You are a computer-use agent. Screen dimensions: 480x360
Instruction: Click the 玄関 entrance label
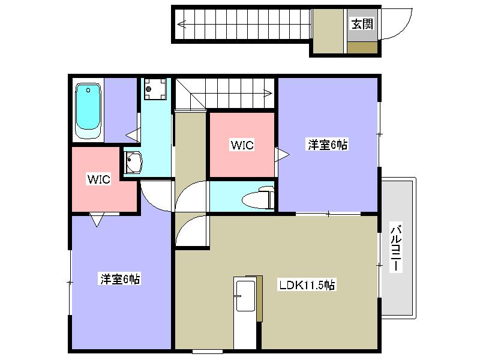pyautogui.click(x=362, y=24)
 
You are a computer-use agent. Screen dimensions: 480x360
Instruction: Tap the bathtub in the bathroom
pyautogui.click(x=88, y=110)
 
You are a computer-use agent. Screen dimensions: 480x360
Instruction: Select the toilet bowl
pyautogui.click(x=258, y=198)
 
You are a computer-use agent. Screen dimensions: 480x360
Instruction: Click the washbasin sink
pyautogui.click(x=133, y=162)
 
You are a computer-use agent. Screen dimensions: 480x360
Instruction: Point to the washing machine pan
pyautogui.click(x=155, y=89)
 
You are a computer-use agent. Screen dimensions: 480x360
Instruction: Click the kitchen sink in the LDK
pyautogui.click(x=245, y=295)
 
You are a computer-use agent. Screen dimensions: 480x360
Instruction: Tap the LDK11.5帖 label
pyautogui.click(x=307, y=285)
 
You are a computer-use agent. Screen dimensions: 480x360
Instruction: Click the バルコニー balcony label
pyautogui.click(x=396, y=248)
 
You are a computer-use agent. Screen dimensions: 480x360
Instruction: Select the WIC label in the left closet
pyautogui.click(x=98, y=179)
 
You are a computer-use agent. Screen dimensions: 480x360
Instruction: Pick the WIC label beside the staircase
pyautogui.click(x=242, y=145)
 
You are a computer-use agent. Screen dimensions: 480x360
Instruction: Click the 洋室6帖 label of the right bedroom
pyautogui.click(x=328, y=145)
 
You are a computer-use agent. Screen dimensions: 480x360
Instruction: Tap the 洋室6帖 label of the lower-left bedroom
pyautogui.click(x=120, y=279)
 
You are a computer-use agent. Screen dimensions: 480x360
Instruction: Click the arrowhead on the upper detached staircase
pyautogui.click(x=182, y=24)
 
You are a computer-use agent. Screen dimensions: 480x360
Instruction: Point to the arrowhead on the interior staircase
pyautogui.click(x=268, y=93)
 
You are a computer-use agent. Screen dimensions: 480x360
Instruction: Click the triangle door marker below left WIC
pyautogui.click(x=97, y=220)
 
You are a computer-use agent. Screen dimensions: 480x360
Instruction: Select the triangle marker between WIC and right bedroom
pyautogui.click(x=281, y=155)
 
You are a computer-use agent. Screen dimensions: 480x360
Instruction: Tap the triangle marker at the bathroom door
pyautogui.click(x=133, y=135)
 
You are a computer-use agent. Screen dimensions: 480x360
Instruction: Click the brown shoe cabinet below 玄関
pyautogui.click(x=362, y=48)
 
